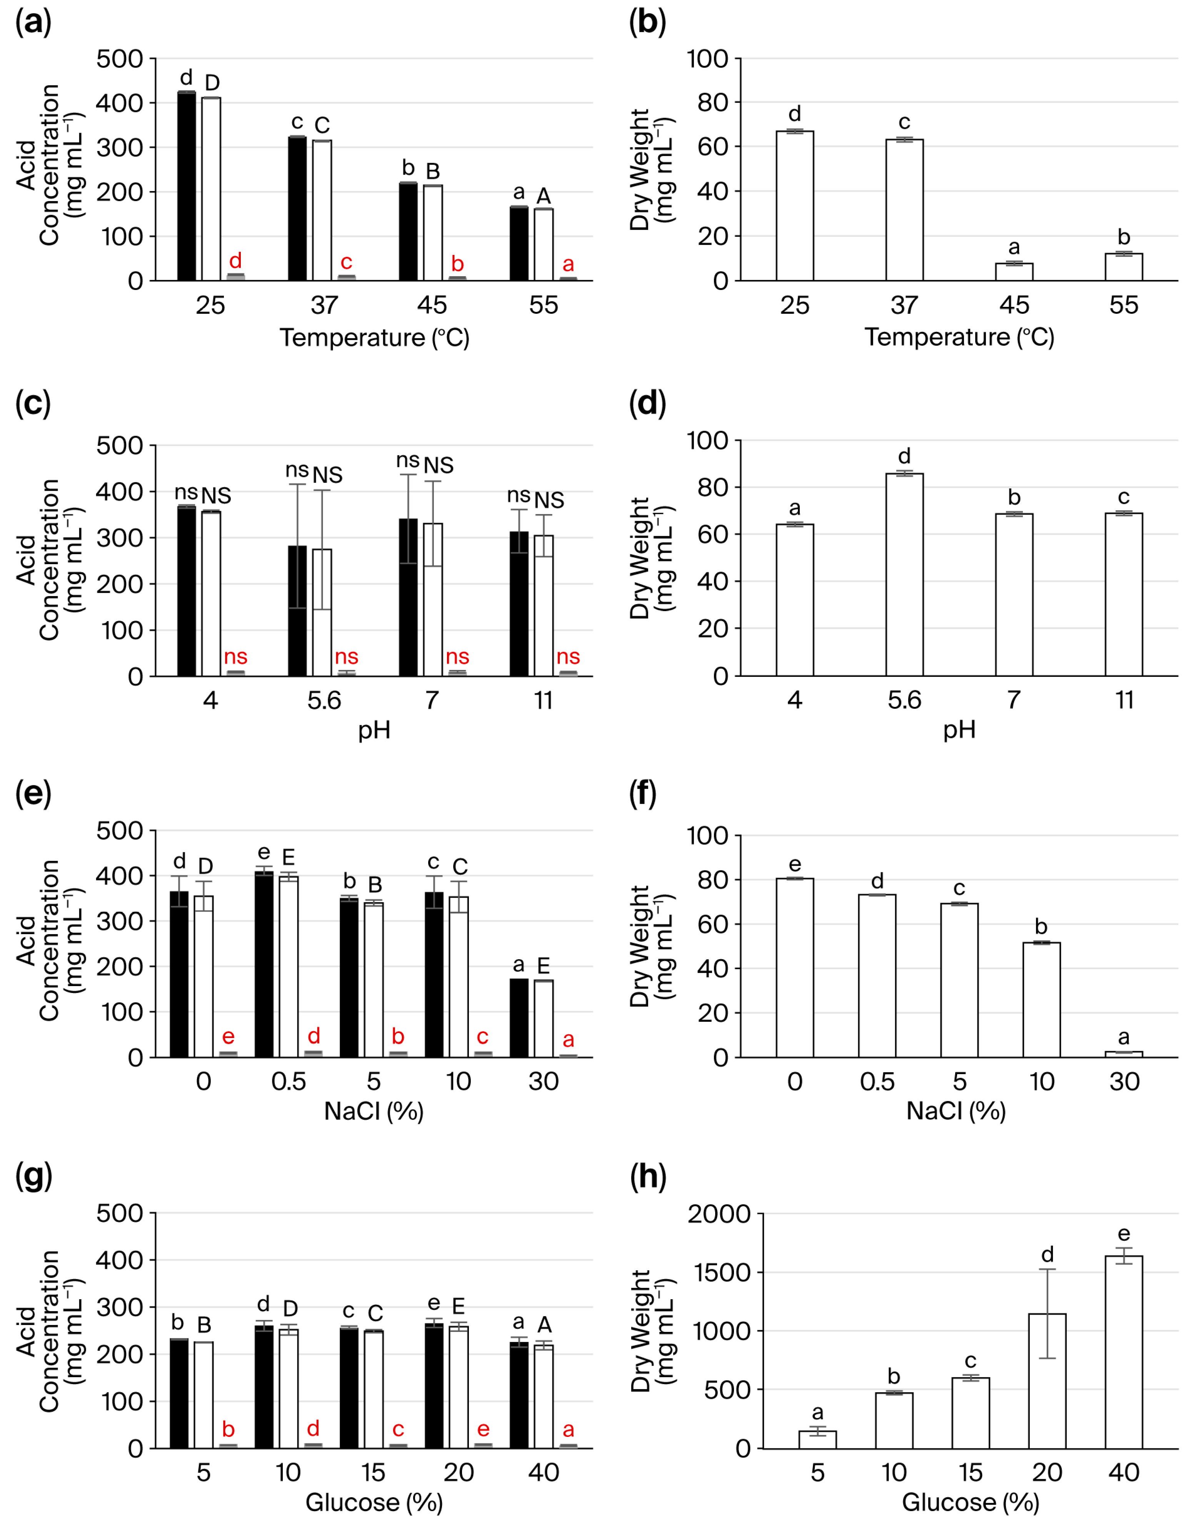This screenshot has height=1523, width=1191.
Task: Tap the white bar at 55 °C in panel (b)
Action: [1123, 267]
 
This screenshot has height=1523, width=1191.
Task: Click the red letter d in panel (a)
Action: [235, 261]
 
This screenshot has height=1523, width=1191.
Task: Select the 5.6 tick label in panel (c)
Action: [324, 700]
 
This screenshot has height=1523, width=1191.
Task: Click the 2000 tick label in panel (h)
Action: [719, 1214]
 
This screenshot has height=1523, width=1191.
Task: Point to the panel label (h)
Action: [647, 1177]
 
